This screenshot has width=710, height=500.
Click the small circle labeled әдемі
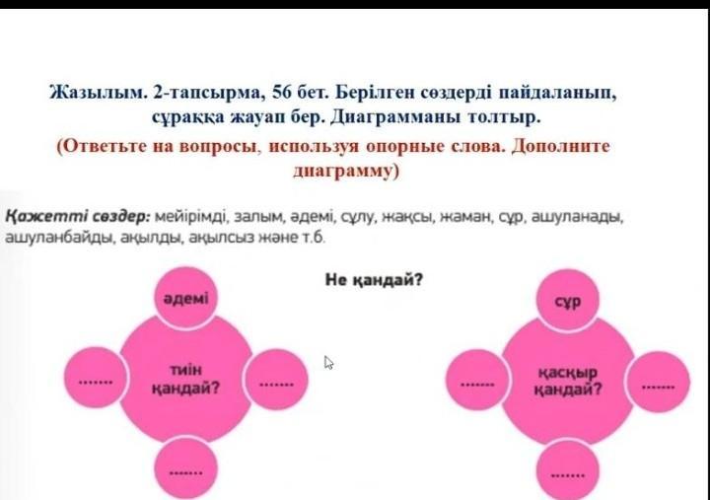(185, 298)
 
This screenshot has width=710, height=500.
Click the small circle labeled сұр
(568, 300)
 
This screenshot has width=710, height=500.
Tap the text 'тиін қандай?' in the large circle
(185, 379)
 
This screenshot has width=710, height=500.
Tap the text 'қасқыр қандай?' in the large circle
(568, 381)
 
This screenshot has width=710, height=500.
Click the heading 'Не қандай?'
(374, 280)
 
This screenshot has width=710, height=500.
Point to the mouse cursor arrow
(328, 362)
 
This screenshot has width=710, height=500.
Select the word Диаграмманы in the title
(394, 117)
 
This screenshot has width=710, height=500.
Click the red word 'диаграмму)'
(346, 172)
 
